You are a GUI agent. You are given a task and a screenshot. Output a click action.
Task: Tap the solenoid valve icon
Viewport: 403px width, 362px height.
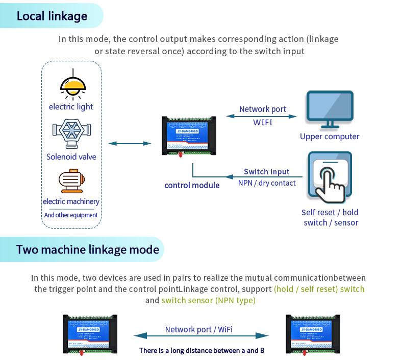(71, 134)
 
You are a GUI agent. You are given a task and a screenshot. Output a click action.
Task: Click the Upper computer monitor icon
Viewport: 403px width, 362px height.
(329, 109)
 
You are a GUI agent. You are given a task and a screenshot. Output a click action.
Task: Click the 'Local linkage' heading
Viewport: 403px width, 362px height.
(52, 16)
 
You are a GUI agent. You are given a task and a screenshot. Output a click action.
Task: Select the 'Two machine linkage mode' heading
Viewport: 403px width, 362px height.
(87, 250)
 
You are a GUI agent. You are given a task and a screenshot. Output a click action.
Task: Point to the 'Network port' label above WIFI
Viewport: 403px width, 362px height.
(262, 109)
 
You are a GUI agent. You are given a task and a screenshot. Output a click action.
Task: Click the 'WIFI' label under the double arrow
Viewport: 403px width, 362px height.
(262, 122)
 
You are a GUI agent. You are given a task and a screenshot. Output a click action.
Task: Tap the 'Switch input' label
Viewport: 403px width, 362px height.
(266, 172)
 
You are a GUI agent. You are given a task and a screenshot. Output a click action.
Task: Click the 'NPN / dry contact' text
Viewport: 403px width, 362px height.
(267, 183)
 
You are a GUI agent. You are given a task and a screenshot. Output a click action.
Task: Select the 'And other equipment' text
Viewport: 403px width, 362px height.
(71, 215)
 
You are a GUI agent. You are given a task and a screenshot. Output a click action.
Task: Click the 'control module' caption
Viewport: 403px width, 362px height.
(192, 185)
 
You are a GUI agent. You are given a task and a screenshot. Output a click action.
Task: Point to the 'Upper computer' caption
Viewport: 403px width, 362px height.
(330, 137)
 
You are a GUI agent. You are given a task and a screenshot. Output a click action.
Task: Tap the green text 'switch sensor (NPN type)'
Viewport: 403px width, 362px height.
(208, 300)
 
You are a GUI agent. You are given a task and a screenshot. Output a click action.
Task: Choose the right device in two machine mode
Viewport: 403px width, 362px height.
(312, 334)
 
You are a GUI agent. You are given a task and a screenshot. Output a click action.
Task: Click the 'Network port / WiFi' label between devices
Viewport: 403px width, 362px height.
(199, 330)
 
